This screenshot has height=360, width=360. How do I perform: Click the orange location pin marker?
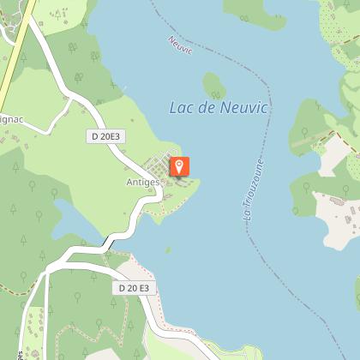point(180,166)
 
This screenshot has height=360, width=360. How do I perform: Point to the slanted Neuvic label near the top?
point(182,47)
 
